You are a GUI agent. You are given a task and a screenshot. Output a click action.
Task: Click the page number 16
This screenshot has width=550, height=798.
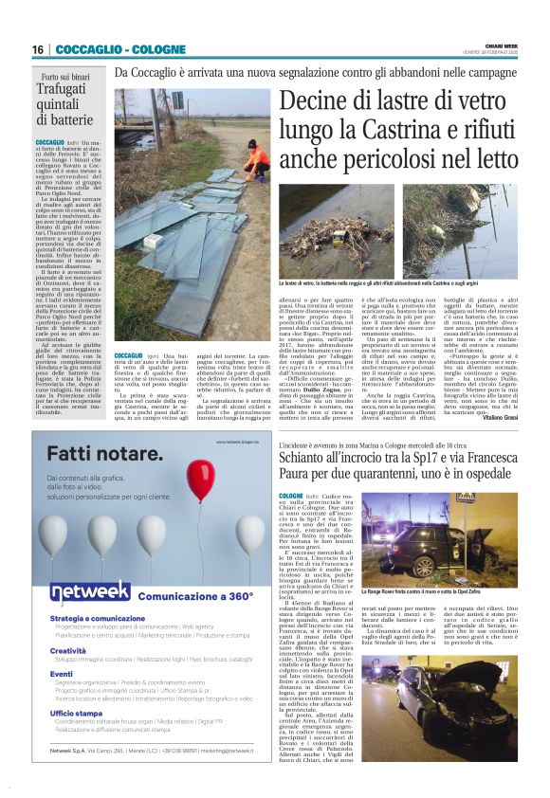(x=38, y=49)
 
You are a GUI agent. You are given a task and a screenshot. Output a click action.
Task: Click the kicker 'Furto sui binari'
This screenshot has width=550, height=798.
(x=64, y=77)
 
